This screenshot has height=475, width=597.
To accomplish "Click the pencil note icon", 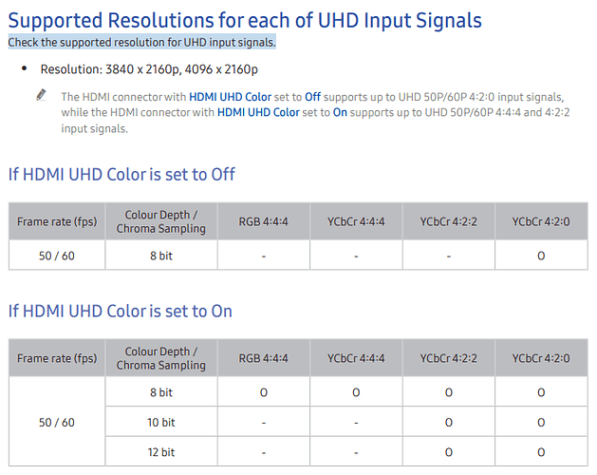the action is click(x=41, y=95).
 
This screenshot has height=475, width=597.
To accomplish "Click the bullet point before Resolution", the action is click(x=25, y=68).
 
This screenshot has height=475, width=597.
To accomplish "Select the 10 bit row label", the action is click(x=161, y=423).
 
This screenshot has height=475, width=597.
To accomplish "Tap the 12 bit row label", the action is click(x=161, y=452).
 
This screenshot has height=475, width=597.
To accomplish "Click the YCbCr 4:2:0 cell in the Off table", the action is click(x=541, y=256).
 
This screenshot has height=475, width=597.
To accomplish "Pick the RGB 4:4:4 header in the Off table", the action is click(x=264, y=221).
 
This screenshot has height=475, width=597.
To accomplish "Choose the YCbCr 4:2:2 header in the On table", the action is click(x=449, y=358).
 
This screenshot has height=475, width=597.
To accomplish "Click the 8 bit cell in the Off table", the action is click(x=161, y=256).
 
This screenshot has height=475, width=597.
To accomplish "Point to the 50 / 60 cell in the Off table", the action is click(x=57, y=256).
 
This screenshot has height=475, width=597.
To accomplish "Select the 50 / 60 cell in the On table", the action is click(x=57, y=423).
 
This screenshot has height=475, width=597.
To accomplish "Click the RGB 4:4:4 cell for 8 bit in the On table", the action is click(x=264, y=392).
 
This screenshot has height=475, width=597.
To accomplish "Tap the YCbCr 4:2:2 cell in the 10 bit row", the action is click(x=449, y=423).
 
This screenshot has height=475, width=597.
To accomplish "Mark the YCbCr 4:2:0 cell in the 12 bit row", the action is click(x=541, y=452).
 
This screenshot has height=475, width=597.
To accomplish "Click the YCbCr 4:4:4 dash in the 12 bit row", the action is click(x=356, y=453).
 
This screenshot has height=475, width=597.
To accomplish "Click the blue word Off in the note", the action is click(x=312, y=97).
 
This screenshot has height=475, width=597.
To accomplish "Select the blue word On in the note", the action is click(x=340, y=112).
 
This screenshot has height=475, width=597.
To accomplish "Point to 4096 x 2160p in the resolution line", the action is click(x=221, y=69).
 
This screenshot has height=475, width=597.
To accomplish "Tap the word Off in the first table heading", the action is click(x=223, y=174).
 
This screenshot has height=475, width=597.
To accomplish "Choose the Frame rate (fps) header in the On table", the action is click(x=57, y=358).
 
